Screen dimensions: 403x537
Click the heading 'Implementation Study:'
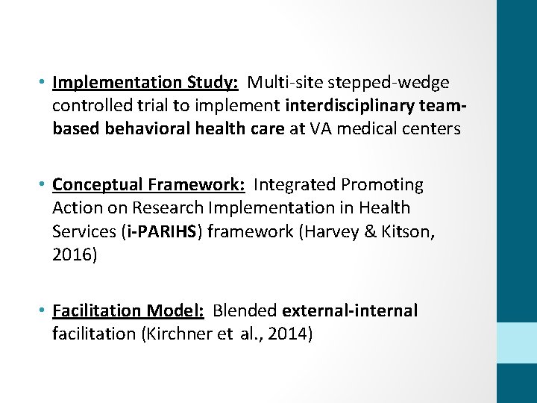coord(145,81)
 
